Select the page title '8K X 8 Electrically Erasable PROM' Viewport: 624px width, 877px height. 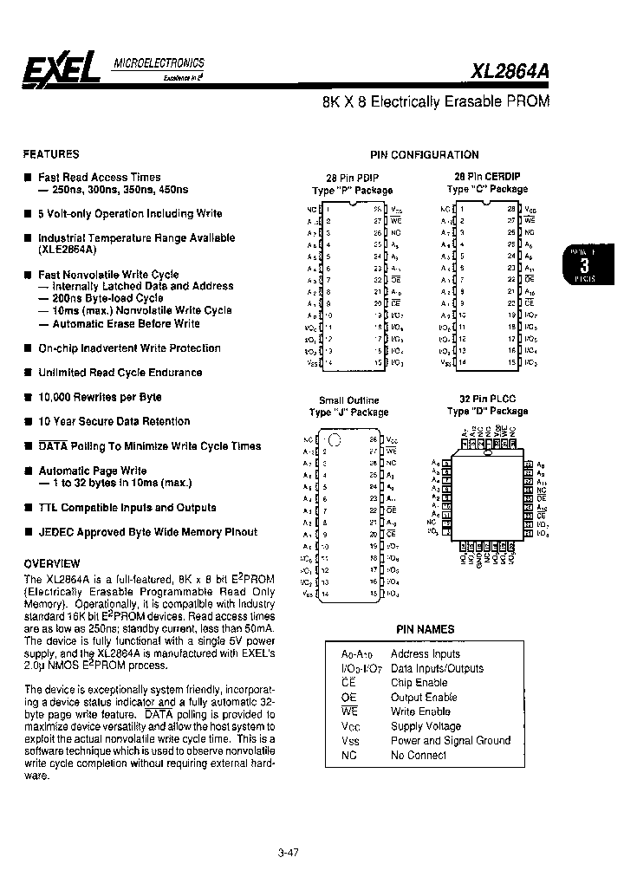coord(435,101)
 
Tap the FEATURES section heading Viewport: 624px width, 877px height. coord(51,154)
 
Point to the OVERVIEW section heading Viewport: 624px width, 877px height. coord(52,563)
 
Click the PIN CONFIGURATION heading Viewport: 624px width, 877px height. coord(424,155)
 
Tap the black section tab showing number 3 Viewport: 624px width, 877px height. coord(584,265)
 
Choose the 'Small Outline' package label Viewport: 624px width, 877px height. coord(349,400)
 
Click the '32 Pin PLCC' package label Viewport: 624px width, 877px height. coord(486,400)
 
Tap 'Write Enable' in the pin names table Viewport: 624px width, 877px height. coord(421,711)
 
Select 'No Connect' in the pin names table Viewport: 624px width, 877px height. coord(419,755)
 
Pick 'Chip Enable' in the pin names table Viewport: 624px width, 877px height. coord(419,683)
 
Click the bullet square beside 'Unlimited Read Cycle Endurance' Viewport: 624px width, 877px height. coord(29,373)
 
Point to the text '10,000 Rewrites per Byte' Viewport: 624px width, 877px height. coord(100,397)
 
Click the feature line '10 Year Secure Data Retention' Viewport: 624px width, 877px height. coord(114,421)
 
